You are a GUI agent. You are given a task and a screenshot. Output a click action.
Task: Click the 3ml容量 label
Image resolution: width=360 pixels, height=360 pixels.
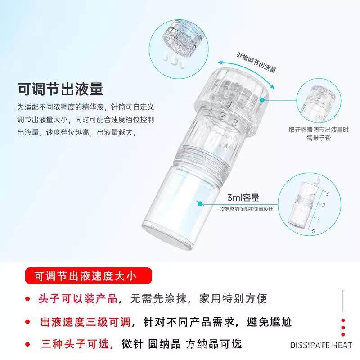(243, 198)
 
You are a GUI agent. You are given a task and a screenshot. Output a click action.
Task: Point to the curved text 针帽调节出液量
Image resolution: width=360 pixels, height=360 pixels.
(256, 63)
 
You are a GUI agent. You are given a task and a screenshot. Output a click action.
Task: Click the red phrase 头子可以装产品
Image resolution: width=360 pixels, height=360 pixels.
(79, 298)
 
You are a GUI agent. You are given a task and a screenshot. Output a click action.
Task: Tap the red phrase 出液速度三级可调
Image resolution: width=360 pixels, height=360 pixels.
(85, 322)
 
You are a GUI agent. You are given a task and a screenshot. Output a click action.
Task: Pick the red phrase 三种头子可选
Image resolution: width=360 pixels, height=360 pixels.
(76, 344)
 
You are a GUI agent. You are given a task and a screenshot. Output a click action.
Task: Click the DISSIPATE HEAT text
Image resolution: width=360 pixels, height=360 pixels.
(321, 346)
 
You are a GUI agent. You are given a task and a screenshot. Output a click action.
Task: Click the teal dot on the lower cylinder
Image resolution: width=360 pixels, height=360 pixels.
(198, 203)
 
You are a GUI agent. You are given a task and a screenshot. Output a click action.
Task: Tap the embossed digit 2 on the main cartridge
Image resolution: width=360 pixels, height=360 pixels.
(222, 116)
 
